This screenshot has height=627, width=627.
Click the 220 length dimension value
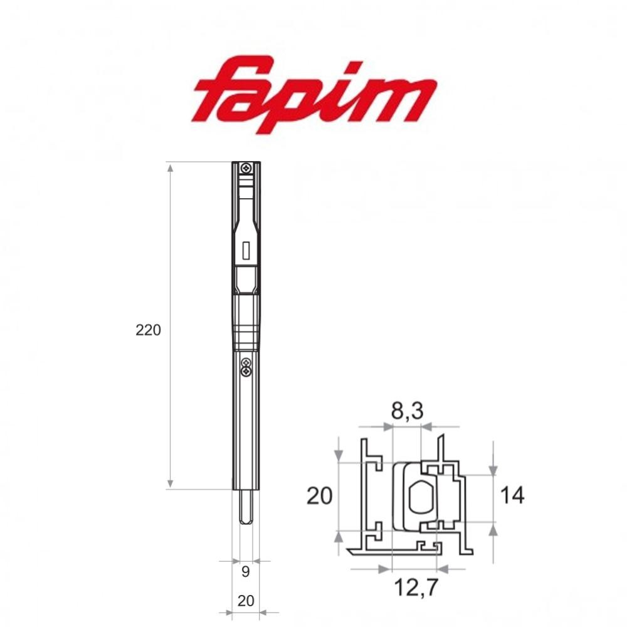(148, 330)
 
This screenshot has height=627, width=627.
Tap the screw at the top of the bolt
(247, 167)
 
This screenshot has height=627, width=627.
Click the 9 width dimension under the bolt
(245, 571)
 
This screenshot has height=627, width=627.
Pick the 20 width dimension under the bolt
(246, 601)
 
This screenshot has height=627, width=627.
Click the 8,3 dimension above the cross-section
(406, 411)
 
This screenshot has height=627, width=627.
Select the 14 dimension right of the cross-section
(512, 495)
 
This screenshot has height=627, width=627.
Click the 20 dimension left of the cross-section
(319, 497)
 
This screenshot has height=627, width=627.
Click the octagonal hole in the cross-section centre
(419, 498)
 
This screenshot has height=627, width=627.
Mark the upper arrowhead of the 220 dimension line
(170, 166)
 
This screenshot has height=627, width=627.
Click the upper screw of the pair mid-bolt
(246, 363)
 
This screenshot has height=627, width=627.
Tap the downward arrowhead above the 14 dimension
(493, 470)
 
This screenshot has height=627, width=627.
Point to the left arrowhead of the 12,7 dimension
(384, 569)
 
